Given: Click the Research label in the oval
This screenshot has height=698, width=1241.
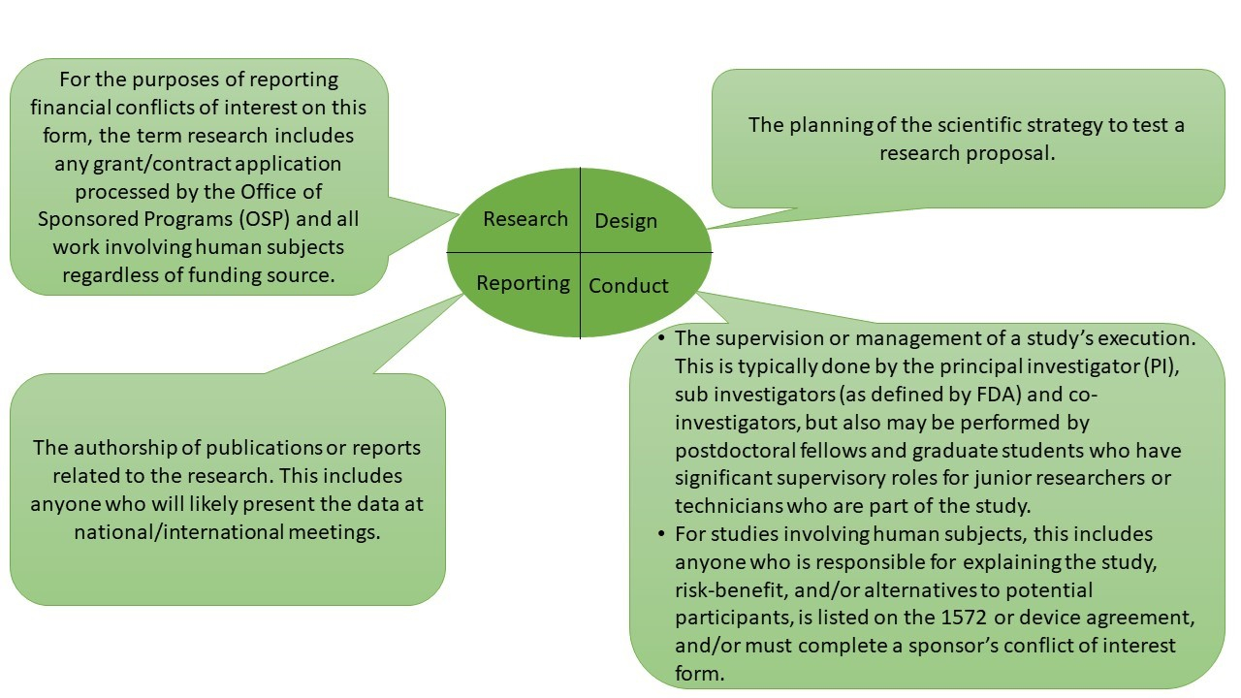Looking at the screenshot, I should point(525,219).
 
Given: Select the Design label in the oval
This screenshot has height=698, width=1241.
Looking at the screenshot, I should point(625,222).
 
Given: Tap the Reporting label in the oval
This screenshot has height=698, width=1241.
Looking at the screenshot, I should point(523,283).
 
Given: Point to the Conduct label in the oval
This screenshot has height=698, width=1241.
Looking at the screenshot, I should point(628,286).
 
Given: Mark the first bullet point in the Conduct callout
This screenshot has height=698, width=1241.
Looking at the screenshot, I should point(661,339).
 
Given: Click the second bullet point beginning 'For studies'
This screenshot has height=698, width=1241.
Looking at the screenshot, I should point(661,534).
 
